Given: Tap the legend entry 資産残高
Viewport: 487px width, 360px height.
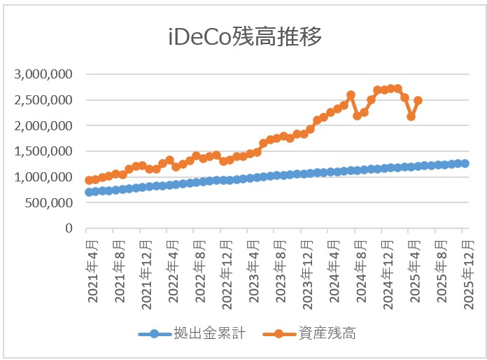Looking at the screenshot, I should pos(326,334).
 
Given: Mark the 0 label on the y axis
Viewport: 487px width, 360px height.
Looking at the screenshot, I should pos(69,228).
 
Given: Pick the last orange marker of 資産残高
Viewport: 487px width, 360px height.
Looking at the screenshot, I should pos(418,100).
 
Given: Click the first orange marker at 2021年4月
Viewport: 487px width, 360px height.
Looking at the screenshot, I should pos(89,180).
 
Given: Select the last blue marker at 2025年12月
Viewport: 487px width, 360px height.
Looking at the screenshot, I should pos(465,163).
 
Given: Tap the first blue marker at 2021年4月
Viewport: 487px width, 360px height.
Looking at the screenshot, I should pos(89,192).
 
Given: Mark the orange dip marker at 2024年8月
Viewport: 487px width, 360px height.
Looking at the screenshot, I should pos(358,116).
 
